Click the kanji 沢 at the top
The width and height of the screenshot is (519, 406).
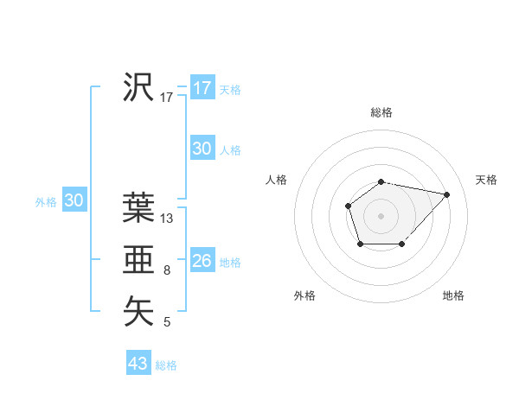[x=138, y=87]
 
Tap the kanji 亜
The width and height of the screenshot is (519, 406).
[x=138, y=259]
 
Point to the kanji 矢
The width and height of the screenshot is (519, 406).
[x=138, y=311]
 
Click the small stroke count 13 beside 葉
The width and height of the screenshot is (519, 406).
[x=167, y=219]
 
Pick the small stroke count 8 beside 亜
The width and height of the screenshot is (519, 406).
[x=167, y=270]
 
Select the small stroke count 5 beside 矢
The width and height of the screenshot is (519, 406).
[x=167, y=323]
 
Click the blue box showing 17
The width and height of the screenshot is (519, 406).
[x=202, y=88]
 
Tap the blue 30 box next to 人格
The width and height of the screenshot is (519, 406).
[x=202, y=149]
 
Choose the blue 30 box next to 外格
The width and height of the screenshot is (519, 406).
[x=74, y=200]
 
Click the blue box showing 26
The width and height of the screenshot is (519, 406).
[x=202, y=261]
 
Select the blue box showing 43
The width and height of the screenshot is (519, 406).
[x=138, y=364]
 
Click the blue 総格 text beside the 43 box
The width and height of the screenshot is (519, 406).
[x=166, y=365]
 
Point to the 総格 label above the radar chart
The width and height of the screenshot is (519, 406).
[x=381, y=112]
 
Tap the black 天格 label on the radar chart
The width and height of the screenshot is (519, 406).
[x=486, y=180]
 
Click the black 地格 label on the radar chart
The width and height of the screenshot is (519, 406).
[x=453, y=295]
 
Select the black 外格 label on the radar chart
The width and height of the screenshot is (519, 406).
[x=304, y=295]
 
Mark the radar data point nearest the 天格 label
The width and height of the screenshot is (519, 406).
[x=447, y=194]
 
